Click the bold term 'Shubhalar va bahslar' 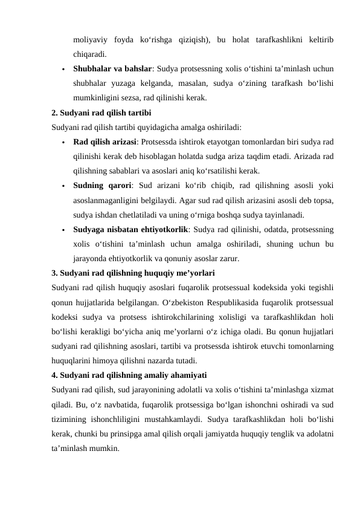113,68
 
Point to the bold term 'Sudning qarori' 100,185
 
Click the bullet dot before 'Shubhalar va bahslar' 62,69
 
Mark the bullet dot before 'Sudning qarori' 62,186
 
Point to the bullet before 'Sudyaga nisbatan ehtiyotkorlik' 62,230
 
